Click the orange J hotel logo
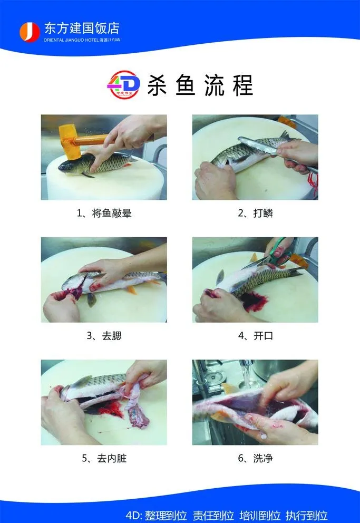pos(30,32)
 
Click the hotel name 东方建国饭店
pos(82,28)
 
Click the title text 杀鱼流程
pos(200,85)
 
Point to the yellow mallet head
pos(70,141)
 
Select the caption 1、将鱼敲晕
pos(104,213)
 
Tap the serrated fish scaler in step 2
pos(257,145)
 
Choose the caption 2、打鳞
pos(255,213)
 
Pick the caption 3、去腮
pos(104,335)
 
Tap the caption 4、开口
pos(255,335)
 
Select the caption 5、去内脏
pos(104,458)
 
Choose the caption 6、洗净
pos(255,458)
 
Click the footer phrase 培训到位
pos(260,516)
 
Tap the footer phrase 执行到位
pos(307,516)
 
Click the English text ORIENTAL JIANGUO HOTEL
pos(71,40)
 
